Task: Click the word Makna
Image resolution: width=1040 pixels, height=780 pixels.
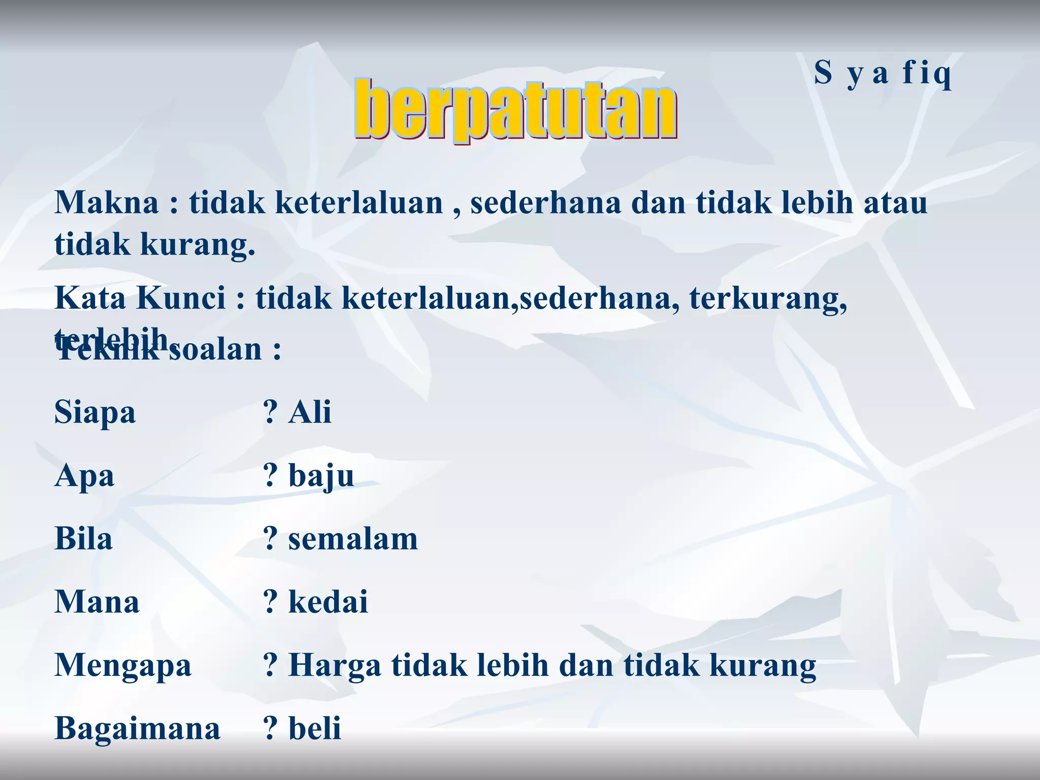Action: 107,203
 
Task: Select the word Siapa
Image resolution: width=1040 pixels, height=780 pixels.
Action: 95,412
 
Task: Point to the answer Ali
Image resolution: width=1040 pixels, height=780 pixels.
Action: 310,412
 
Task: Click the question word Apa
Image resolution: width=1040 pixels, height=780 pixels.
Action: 84,476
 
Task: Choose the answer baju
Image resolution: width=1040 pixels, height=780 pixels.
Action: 321,476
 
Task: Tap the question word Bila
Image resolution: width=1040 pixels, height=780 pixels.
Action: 83,539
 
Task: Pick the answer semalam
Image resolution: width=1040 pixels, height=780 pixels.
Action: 353,539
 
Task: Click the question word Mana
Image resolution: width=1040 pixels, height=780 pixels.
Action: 96,602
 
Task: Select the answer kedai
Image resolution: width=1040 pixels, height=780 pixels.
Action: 328,602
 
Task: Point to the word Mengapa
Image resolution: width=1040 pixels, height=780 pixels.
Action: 123,665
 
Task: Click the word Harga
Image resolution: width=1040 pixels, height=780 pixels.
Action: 335,665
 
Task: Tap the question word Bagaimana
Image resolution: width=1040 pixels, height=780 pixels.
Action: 137,728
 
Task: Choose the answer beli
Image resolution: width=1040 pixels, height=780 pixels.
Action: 315,728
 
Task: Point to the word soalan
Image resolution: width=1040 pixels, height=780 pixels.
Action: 215,350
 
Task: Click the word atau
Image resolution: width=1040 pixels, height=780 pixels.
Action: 896,203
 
